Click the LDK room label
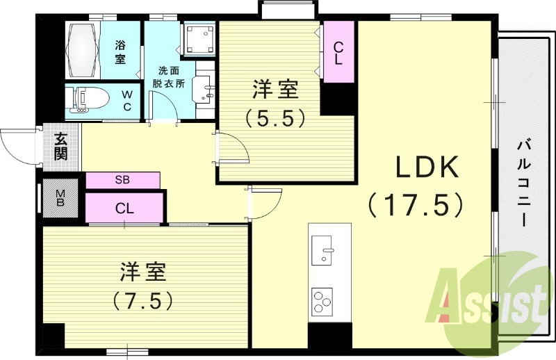[x=427, y=168]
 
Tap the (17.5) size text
[x=416, y=204]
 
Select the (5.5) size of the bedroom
[x=275, y=117]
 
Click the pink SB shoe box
[x=122, y=179]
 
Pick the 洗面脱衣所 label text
[x=168, y=76]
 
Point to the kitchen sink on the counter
[x=324, y=250]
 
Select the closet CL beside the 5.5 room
[x=338, y=54]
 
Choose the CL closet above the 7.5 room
[x=125, y=208]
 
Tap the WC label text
[x=127, y=100]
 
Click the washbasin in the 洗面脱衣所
[x=206, y=89]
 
